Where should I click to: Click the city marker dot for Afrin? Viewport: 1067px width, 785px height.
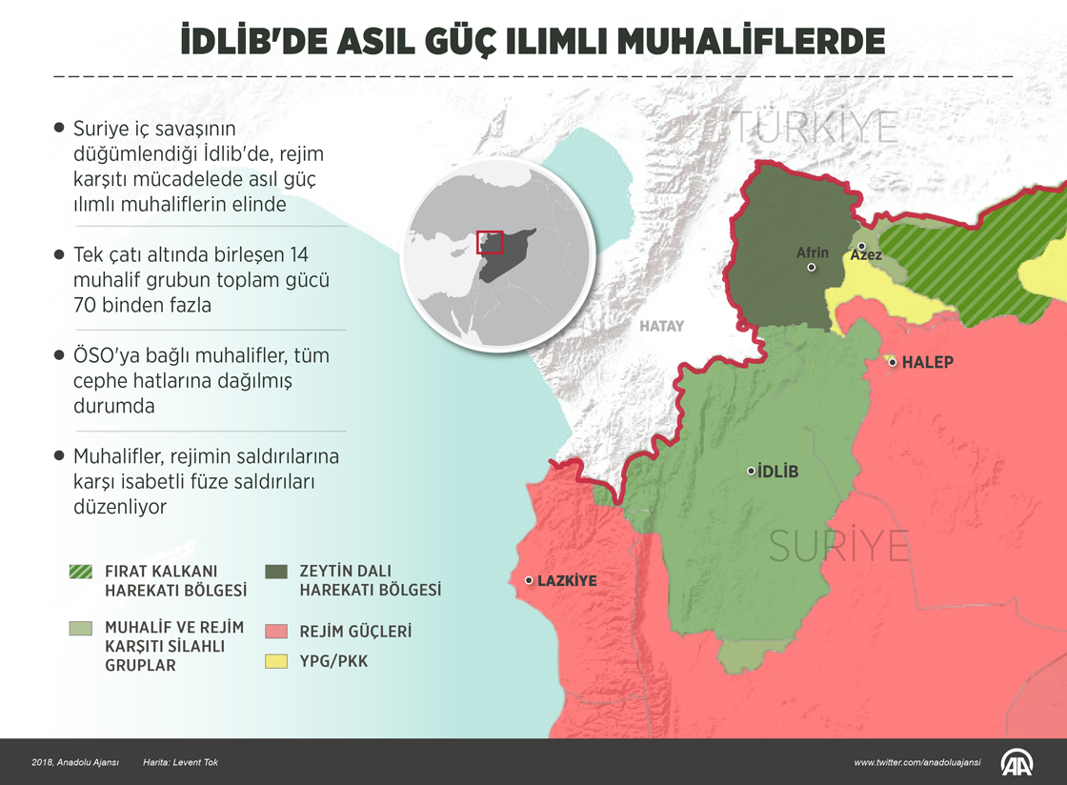811,268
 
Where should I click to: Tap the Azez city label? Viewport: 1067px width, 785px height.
866,255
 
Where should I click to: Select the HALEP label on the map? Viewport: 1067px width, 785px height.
927,363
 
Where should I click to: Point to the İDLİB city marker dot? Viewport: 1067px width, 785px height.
751,471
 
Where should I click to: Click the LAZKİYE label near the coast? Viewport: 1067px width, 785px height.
567,580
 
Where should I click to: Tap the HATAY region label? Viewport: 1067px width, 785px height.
661,326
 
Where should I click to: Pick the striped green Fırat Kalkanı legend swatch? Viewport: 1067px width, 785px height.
81,572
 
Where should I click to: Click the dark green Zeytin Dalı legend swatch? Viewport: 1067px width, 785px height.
276,572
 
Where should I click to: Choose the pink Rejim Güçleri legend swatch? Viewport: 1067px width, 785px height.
276,631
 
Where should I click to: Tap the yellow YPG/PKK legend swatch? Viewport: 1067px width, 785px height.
276,660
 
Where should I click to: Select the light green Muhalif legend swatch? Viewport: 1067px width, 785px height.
81,629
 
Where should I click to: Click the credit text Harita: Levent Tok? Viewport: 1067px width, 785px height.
180,762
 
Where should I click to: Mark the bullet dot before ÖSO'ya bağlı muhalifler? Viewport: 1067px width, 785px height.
61,354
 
